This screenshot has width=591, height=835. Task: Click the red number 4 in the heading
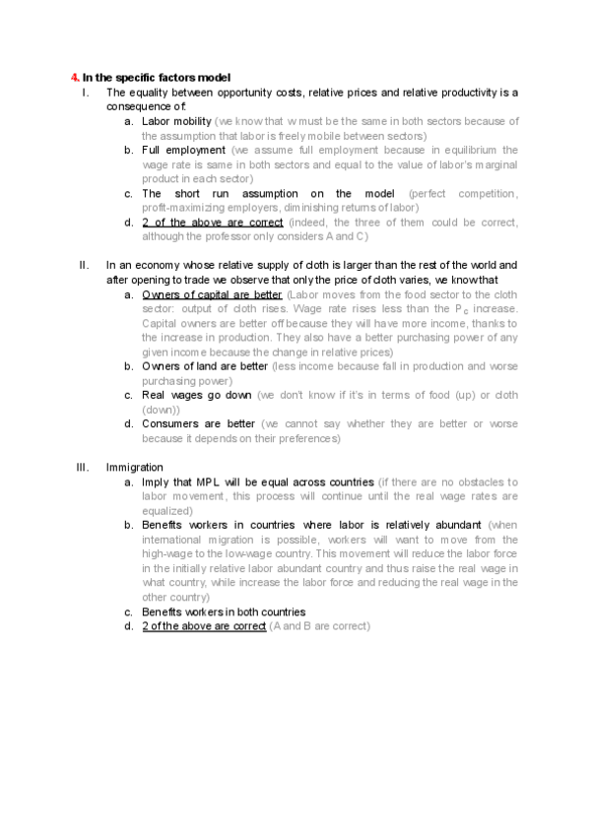point(75,77)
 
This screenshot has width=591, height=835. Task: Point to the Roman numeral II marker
point(84,265)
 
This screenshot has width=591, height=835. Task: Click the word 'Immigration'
point(135,467)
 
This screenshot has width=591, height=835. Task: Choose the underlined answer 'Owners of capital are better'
point(212,294)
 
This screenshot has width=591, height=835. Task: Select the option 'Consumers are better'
point(199,424)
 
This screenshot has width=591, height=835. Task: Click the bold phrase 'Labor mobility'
point(176,121)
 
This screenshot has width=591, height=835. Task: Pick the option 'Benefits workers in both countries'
point(224,611)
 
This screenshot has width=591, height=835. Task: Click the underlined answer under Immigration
point(204,626)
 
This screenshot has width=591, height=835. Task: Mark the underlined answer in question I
point(212,223)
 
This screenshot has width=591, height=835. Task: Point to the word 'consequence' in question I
point(138,106)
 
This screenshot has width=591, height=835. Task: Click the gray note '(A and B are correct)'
point(319,626)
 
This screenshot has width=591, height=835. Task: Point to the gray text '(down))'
point(161,410)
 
